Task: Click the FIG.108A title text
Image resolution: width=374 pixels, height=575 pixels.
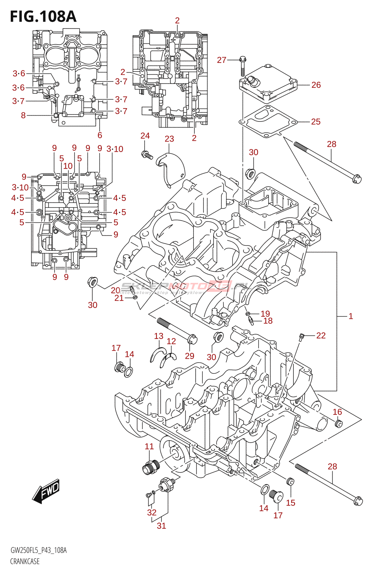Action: [x=43, y=17]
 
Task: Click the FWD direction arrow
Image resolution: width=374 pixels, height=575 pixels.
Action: [x=46, y=491]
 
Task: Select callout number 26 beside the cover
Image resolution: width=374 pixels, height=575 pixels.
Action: [x=316, y=85]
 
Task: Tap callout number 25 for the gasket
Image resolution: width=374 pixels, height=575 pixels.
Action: [x=315, y=121]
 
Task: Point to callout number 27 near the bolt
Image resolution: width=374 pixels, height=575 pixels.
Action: [x=222, y=60]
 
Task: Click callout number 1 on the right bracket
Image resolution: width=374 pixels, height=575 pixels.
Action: [x=351, y=316]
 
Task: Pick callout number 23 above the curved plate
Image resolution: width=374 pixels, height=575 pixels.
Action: [x=169, y=139]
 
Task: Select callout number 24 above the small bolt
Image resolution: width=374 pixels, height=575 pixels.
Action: [x=145, y=135]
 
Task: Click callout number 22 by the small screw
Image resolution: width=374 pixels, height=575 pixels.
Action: [x=321, y=335]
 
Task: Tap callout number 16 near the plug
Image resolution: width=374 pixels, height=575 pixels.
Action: [x=337, y=412]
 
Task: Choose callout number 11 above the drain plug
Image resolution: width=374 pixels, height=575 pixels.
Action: [x=149, y=446]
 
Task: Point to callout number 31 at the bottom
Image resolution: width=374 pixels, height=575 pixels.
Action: [x=161, y=525]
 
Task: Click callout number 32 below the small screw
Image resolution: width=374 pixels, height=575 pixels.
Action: [x=152, y=512]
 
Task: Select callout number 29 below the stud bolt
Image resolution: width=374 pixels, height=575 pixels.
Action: [x=190, y=356]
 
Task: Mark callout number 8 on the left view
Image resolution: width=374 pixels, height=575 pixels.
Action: [x=23, y=115]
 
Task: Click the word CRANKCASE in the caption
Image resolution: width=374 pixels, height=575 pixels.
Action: [x=25, y=561]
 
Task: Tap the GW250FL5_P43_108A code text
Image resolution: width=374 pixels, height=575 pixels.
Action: [x=38, y=550]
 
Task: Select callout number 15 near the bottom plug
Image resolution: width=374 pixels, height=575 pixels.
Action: [x=291, y=503]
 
